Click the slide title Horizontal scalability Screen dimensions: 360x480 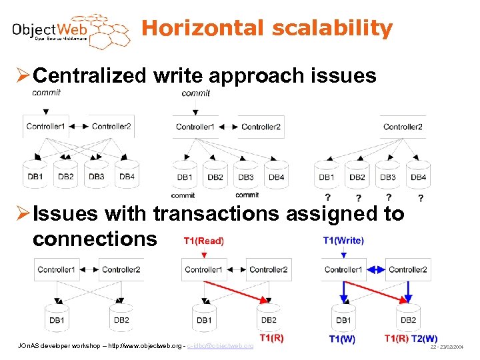click(x=267, y=28)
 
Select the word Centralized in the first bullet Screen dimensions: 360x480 click(x=89, y=76)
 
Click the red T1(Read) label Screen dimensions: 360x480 click(x=204, y=241)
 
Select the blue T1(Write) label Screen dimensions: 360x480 click(x=343, y=241)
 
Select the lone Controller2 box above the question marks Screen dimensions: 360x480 click(x=403, y=127)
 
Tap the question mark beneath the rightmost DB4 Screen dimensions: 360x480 click(x=419, y=199)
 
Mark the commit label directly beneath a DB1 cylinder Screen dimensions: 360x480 click(x=183, y=195)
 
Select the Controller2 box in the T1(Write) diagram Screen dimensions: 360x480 click(x=407, y=270)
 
